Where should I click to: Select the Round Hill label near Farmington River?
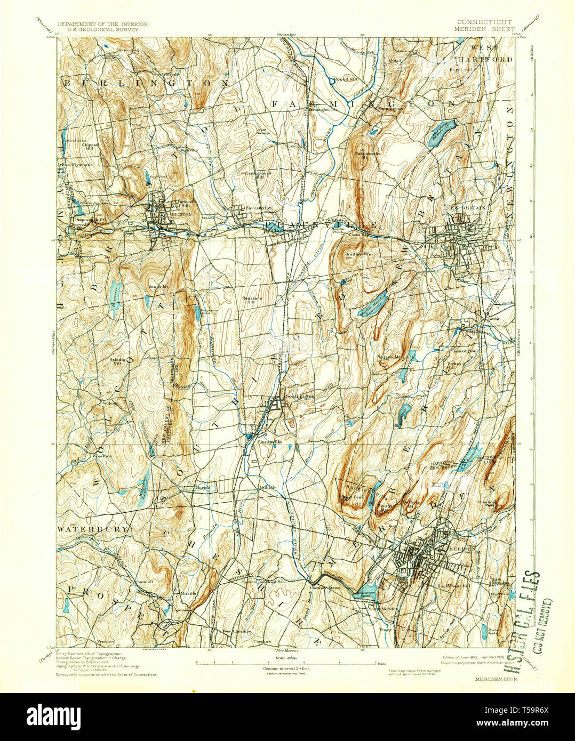click(x=345, y=79)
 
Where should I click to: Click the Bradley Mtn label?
click(x=357, y=255)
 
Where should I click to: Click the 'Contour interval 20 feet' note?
click(x=286, y=668)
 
